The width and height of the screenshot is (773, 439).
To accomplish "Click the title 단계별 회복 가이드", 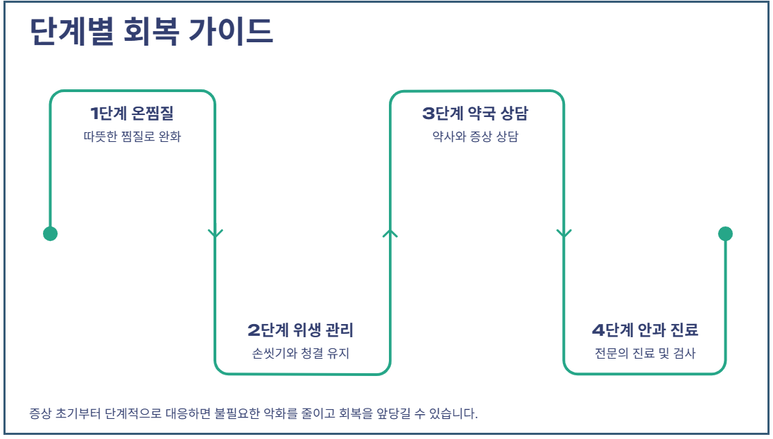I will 152,33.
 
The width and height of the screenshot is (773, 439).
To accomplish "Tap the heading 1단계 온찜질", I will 132,113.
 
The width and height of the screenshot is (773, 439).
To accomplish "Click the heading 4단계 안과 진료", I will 645,330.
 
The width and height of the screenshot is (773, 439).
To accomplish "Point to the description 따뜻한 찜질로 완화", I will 132,136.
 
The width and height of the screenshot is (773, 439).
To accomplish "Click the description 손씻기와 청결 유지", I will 301,353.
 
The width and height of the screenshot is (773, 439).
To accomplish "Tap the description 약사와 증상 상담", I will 475,136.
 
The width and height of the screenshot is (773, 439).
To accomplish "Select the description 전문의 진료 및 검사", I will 645,353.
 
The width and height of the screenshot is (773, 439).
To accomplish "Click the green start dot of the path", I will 50,234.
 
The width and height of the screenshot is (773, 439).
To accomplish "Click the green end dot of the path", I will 725,234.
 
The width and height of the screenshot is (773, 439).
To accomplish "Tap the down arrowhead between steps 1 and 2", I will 215,233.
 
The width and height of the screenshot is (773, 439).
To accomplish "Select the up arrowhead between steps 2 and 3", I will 390,233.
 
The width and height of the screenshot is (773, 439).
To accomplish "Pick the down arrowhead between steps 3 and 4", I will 564,233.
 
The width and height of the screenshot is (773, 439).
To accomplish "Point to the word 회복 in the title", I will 147,33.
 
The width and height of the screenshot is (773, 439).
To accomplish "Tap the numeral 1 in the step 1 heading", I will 94,113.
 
